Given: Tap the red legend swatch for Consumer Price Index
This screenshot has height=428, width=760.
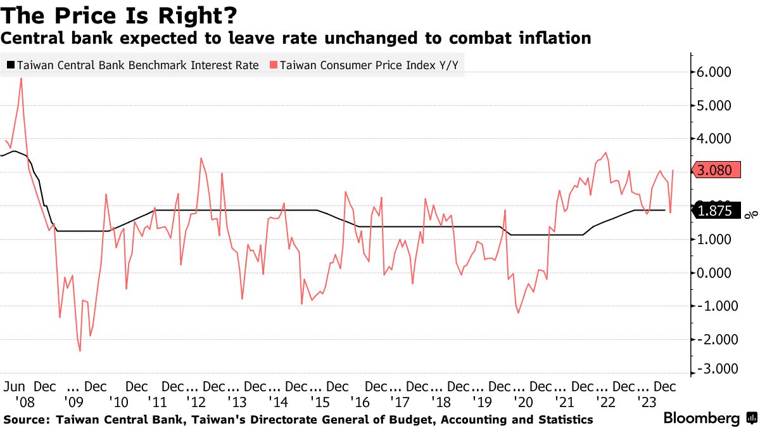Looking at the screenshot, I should click(274, 65).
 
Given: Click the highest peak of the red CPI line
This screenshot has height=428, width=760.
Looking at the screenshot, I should click(22, 79).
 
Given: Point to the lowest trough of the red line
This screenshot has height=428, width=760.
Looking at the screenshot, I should click(80, 351).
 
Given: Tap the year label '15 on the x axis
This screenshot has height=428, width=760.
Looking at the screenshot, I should click(318, 401).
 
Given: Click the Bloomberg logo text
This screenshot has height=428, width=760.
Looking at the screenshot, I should click(701, 418).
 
